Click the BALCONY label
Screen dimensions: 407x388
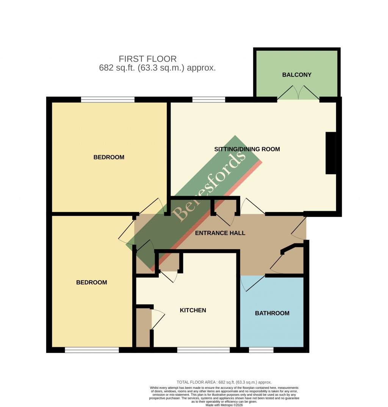coord(297,75)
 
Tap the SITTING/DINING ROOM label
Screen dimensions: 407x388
coord(247,149)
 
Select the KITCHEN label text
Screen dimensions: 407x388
coord(193,310)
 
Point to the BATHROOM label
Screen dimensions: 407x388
coord(272,313)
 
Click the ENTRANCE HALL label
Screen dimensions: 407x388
coord(220,233)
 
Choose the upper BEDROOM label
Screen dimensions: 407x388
coord(109,157)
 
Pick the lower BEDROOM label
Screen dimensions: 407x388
coord(92,282)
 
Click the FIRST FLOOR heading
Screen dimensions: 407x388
coord(148,59)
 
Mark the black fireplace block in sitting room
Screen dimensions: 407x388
coord(331,153)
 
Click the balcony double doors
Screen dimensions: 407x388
coord(298,93)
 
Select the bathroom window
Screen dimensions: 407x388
coord(261,350)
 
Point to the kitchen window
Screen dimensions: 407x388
coord(203,350)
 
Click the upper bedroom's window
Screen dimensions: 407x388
coord(108,100)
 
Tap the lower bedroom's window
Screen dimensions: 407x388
coord(92,350)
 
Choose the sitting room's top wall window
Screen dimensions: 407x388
coord(208,100)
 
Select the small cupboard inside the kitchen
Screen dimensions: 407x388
coord(143,328)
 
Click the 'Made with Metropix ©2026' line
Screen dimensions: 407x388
coord(224,405)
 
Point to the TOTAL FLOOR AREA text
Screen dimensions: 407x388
coord(224,382)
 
